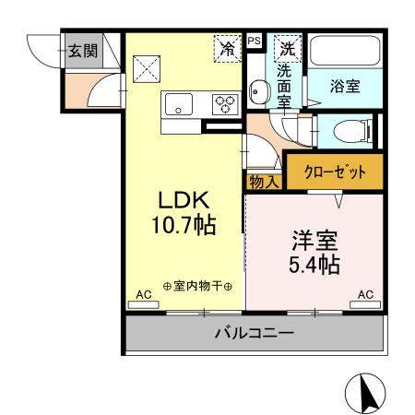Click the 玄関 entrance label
81,50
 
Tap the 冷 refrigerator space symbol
227,49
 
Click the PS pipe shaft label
255,41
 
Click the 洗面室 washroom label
285,84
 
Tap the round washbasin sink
257,93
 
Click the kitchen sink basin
178,103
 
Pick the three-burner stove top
224,103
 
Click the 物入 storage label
264,182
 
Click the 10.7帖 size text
187,225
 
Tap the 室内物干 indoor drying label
197,286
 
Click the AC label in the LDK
143,295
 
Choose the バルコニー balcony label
253,333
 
